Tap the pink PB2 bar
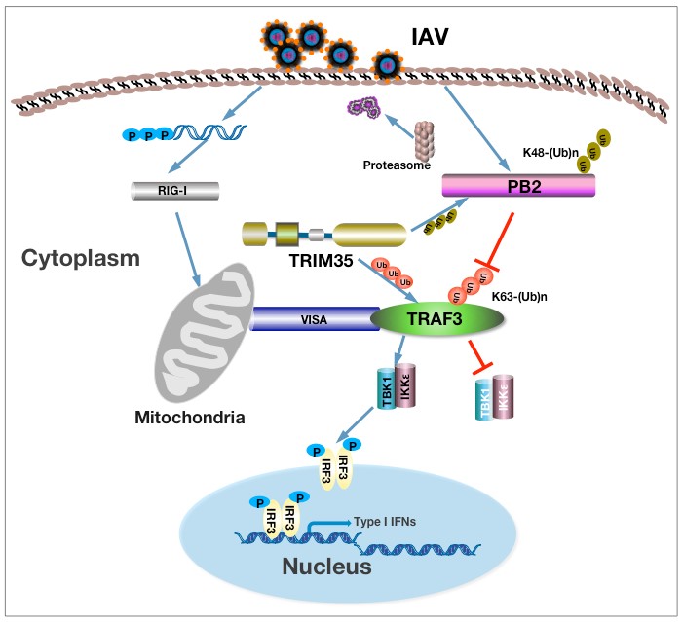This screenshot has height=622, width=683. (x=517, y=186)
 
